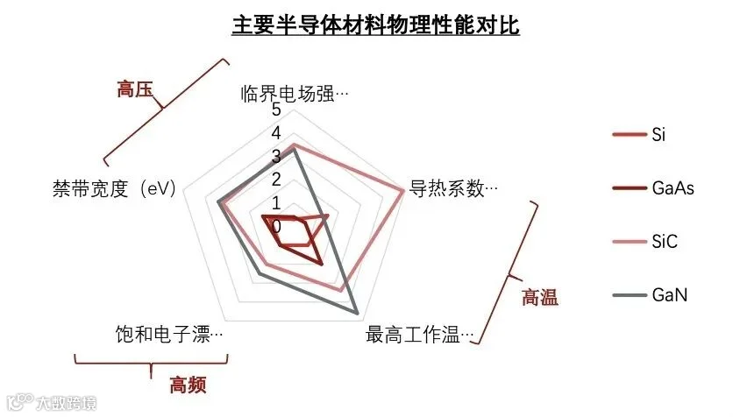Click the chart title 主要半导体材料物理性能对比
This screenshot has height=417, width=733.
(375, 25)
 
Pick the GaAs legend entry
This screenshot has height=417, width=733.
(673, 188)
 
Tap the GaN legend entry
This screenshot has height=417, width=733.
(669, 295)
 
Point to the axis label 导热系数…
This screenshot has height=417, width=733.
(453, 188)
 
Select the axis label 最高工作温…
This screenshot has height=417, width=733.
(420, 335)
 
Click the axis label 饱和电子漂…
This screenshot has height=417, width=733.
(168, 335)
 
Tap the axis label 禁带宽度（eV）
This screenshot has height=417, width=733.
(115, 188)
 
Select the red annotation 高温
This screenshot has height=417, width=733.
(539, 297)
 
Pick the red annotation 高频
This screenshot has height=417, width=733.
(189, 384)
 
